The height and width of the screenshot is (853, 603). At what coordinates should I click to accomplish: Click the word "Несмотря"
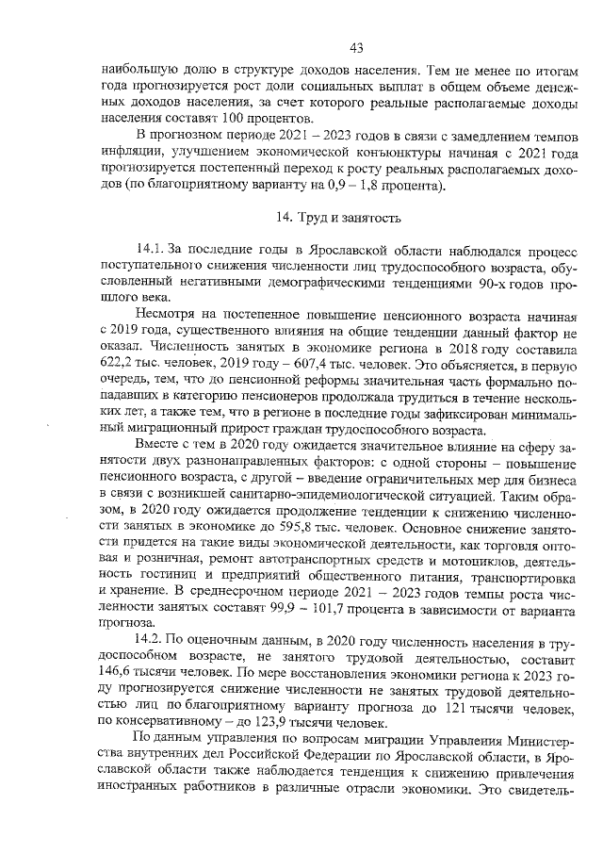pos(167,311)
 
